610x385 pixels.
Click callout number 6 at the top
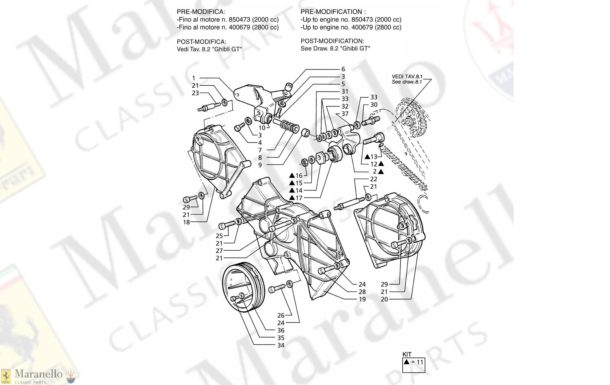pyautogui.click(x=343, y=69)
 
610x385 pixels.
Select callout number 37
pyautogui.click(x=345, y=114)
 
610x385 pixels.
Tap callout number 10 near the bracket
pyautogui.click(x=262, y=128)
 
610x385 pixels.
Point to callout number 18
pyautogui.click(x=186, y=222)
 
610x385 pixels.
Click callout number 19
pyautogui.click(x=362, y=299)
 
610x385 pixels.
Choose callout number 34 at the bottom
pyautogui.click(x=281, y=345)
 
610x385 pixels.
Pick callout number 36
pyautogui.click(x=281, y=330)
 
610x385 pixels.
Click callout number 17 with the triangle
pyautogui.click(x=299, y=198)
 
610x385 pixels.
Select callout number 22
pyautogui.click(x=373, y=179)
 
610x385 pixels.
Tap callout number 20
pyautogui.click(x=384, y=299)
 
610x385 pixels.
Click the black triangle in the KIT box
pyautogui.click(x=407, y=362)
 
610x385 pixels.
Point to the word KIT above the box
pyautogui.click(x=407, y=354)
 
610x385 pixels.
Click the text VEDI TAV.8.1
pyautogui.click(x=407, y=76)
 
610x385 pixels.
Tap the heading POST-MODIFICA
pyautogui.click(x=201, y=42)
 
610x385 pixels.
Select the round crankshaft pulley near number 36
pyautogui.click(x=243, y=287)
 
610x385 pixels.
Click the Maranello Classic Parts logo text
pyautogui.click(x=38, y=374)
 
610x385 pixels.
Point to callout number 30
pyautogui.click(x=374, y=105)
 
